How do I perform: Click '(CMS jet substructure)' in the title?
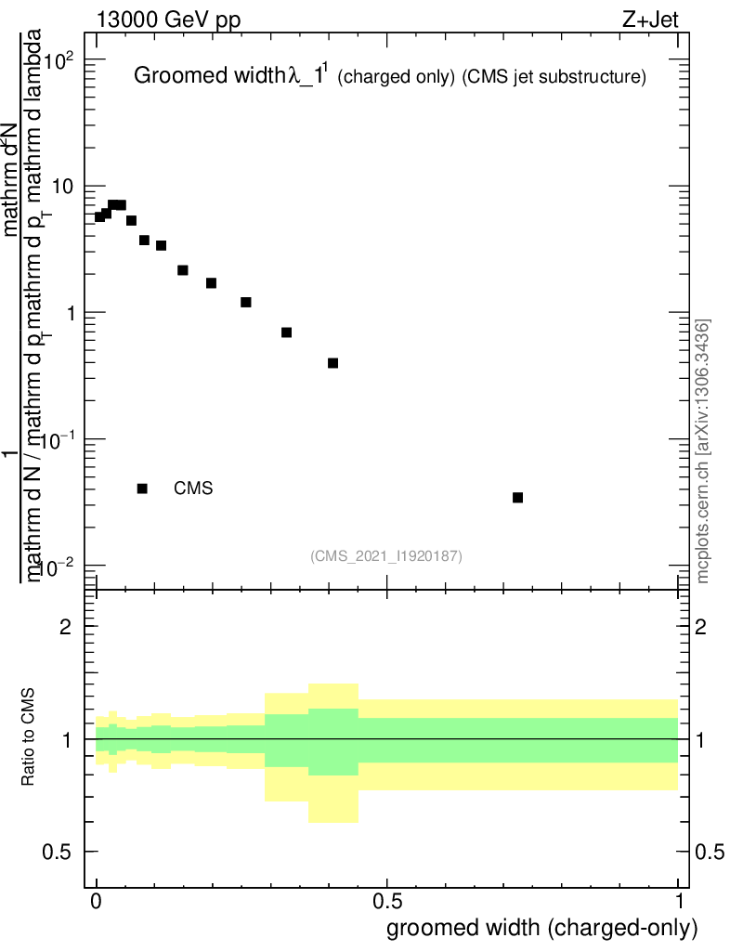pos(554,77)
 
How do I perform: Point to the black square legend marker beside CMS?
pos(142,489)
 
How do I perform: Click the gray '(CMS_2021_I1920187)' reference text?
pos(386,556)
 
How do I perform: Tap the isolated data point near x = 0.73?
pos(517,498)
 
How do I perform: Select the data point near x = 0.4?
pos(332,363)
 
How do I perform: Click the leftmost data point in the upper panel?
pos(99,216)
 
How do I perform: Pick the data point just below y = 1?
pos(286,332)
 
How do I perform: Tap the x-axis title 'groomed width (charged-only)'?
pos(541,928)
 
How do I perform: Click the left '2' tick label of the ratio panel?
pos(65,627)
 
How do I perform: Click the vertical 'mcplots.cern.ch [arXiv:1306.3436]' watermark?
pos(703,451)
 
